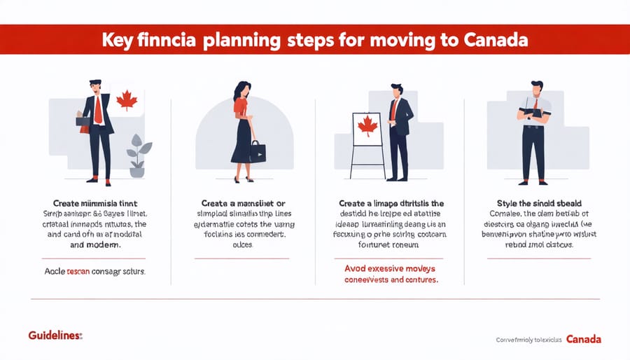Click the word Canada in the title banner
point(496,41)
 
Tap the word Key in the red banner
point(118,41)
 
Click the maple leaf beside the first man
point(126,100)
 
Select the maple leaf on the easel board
point(367,127)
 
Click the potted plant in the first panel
point(136,155)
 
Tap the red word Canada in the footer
point(583,339)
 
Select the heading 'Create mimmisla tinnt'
point(98,202)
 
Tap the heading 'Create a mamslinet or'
point(244,202)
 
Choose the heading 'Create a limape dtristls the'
point(391,202)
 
